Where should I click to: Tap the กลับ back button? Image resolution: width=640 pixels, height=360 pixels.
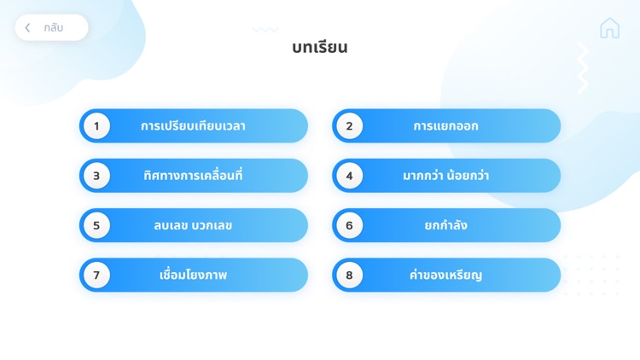[52, 27]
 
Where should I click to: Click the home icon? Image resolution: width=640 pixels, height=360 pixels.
[609, 28]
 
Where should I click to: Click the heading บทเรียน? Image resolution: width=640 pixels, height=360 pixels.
[319, 48]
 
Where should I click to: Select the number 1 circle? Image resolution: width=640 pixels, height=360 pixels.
[96, 126]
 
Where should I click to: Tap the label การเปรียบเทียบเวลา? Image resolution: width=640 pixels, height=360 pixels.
[193, 126]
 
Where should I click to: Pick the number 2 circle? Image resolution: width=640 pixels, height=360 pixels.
[349, 126]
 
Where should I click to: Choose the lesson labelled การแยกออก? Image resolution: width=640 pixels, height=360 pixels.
[445, 126]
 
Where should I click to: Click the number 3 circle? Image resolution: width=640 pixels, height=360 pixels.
[96, 176]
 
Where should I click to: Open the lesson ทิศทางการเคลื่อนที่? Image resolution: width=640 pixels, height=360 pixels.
[193, 176]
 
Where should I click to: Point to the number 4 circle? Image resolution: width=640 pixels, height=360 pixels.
[349, 176]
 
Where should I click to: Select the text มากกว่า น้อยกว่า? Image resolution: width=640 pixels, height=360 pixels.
[445, 176]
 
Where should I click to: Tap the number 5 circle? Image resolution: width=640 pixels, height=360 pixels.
[96, 225]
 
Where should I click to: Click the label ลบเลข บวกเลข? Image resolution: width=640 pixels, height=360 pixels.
[193, 225]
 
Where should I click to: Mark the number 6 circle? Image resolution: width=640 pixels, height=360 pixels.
[349, 225]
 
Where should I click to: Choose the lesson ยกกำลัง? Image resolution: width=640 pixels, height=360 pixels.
[445, 225]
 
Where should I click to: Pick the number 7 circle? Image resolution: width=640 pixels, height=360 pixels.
[96, 275]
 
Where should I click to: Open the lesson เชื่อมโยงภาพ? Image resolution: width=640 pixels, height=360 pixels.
[193, 275]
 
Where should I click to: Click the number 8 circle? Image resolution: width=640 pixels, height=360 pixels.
[349, 275]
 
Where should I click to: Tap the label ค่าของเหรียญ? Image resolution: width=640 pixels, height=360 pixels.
[445, 275]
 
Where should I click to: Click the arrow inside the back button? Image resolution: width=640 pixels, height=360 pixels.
[28, 28]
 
